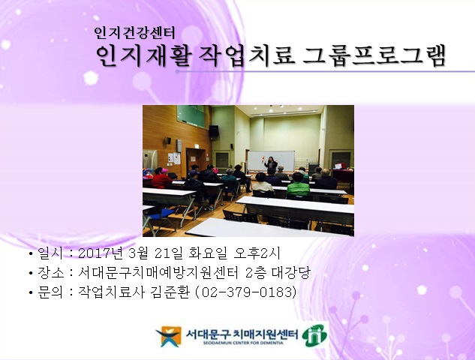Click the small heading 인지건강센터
[134, 33]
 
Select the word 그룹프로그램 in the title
[373, 55]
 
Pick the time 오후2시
[266, 253]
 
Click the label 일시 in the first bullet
[49, 253]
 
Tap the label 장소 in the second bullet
[49, 272]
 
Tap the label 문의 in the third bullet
[49, 291]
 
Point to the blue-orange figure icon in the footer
[168, 337]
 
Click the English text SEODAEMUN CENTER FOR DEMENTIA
[240, 344]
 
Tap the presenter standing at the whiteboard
[272, 166]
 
